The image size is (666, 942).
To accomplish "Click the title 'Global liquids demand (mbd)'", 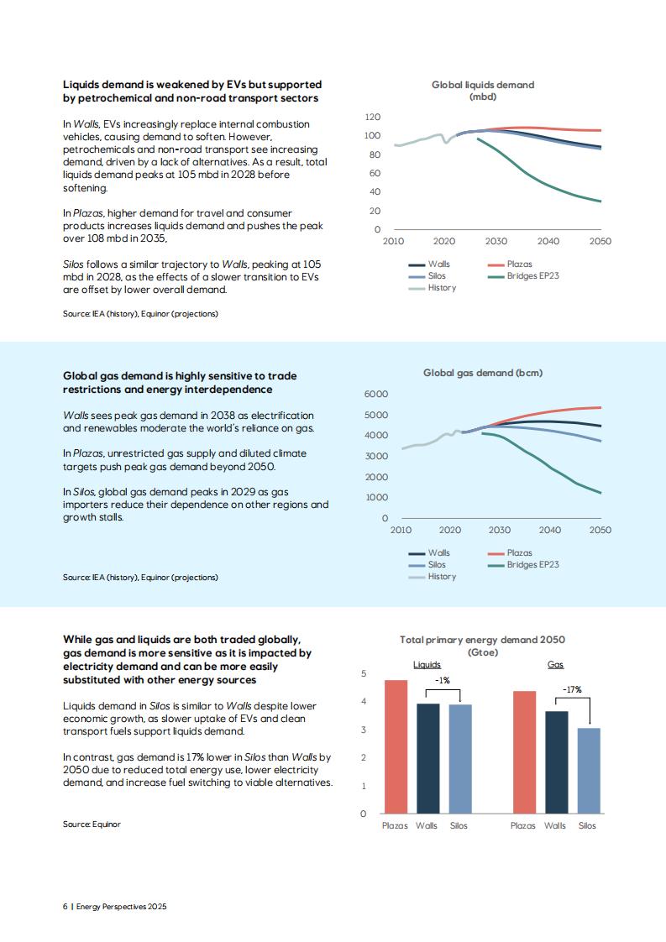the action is [483, 90].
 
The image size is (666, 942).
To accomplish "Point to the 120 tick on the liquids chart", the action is [373, 117].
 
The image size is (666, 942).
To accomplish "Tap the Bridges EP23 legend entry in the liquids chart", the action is [523, 275].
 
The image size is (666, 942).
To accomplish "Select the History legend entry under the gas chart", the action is [433, 576].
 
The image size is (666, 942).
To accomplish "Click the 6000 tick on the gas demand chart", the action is [376, 394].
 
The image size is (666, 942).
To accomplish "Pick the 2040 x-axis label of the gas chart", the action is [549, 530].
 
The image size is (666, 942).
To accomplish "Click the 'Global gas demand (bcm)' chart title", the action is [483, 373].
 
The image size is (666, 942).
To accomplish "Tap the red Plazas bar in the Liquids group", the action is [396, 746].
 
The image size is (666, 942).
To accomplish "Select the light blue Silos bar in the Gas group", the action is [589, 771].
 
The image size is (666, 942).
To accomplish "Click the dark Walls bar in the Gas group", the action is [556, 762].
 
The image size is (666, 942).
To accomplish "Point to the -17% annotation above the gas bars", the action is [572, 689].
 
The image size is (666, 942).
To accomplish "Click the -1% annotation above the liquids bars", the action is [443, 680].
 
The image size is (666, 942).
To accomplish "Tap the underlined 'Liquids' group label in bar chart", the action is [427, 664].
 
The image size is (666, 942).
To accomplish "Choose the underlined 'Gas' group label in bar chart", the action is [555, 664].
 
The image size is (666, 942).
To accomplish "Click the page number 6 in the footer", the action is [65, 906].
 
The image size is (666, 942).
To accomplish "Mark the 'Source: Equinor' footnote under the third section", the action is [92, 824].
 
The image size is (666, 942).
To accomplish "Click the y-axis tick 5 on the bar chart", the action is [363, 673].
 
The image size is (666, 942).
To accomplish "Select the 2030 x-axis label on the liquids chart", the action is [496, 241].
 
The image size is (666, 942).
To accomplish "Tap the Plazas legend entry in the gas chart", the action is [510, 552].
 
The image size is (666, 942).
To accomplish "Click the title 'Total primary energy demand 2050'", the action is [483, 640].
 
